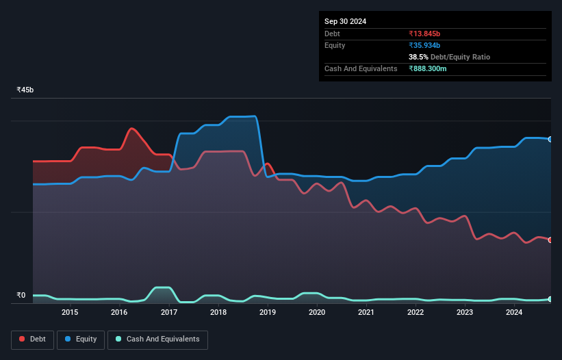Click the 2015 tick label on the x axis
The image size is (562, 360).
[70, 313]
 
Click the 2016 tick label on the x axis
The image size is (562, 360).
[119, 313]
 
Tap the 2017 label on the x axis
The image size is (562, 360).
[169, 313]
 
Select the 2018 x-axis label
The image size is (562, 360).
[218, 313]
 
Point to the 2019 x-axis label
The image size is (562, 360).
[268, 313]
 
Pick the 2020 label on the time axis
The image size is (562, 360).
[317, 313]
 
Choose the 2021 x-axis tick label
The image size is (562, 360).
[366, 313]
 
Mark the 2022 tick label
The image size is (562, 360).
[416, 313]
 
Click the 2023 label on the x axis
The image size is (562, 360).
[465, 313]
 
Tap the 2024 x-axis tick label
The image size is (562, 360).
[515, 313]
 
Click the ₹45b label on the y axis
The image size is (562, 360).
[25, 90]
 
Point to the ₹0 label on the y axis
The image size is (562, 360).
[21, 296]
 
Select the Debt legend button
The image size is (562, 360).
[31, 339]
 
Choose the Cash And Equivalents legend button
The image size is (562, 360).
[157, 339]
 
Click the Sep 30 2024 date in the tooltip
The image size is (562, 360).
[346, 21]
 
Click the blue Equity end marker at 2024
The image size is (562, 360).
[550, 139]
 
